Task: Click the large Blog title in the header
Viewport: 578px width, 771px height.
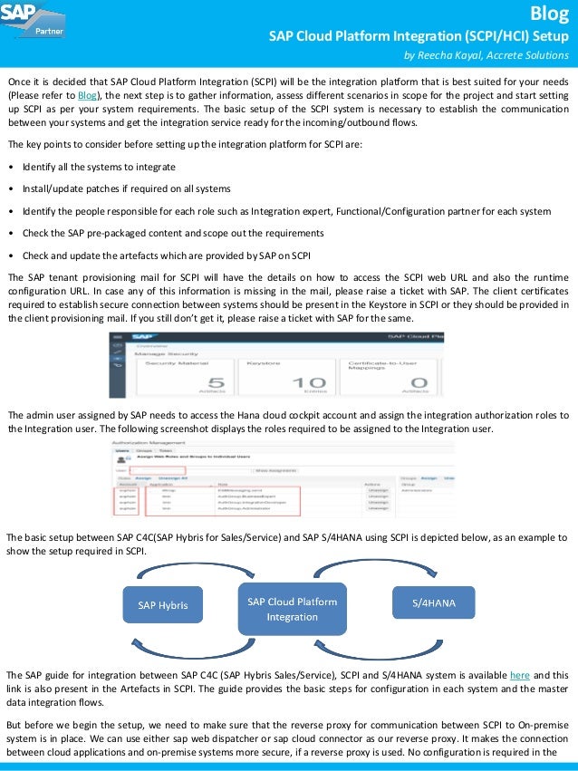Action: tap(552, 13)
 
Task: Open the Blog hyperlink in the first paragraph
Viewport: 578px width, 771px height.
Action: tap(87, 95)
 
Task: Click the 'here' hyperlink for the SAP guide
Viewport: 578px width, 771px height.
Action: tap(519, 675)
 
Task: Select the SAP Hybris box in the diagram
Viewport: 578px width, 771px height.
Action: tap(163, 604)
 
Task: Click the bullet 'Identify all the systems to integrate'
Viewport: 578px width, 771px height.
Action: tap(99, 168)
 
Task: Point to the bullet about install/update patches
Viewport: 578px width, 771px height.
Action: tap(126, 189)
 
